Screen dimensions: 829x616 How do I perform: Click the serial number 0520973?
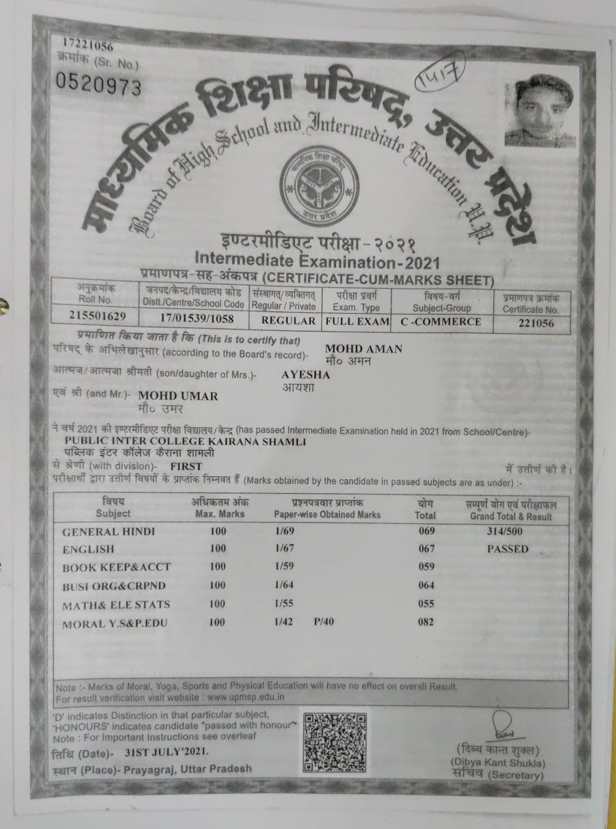click(98, 84)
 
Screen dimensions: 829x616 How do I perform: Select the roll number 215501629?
click(97, 316)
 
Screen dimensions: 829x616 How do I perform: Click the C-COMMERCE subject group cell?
click(440, 321)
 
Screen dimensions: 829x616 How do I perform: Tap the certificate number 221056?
click(530, 324)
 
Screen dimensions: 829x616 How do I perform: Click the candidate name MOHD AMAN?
click(363, 349)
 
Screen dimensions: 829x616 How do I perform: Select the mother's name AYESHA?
click(306, 375)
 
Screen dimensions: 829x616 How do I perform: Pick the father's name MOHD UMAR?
click(178, 396)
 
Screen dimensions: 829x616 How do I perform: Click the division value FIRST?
click(186, 466)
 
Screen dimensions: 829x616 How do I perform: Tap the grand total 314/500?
click(504, 531)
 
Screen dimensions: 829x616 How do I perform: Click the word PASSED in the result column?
click(507, 549)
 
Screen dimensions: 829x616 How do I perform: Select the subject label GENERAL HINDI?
click(108, 532)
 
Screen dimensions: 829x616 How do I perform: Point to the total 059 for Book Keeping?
click(426, 566)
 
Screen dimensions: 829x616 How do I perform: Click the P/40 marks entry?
click(323, 622)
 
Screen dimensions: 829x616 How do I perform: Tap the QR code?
click(335, 742)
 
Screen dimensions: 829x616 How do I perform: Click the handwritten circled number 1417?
click(440, 78)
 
